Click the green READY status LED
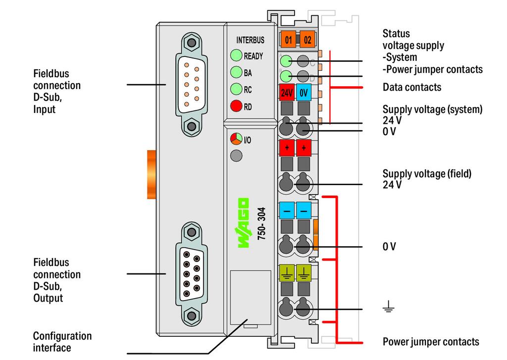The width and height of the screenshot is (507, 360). [236, 55]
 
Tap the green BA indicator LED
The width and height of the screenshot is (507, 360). [236, 72]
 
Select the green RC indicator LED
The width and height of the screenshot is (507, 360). [236, 89]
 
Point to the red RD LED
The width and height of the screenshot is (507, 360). [236, 106]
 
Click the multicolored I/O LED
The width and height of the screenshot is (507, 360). [236, 139]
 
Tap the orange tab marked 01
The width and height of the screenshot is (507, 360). [289, 40]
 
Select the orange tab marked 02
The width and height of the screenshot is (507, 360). [307, 40]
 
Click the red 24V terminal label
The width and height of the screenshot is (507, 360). [287, 93]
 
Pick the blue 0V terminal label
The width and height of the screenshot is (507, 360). [304, 93]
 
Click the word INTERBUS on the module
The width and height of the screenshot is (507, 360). [250, 40]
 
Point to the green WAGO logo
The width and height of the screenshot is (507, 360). [244, 223]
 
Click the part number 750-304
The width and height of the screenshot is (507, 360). [261, 223]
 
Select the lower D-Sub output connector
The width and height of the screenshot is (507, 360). [192, 274]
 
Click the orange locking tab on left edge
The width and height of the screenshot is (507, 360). [152, 174]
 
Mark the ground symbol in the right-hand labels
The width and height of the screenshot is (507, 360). [388, 306]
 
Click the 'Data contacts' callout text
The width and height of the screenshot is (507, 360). [412, 87]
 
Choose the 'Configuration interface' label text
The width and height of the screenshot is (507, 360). [62, 342]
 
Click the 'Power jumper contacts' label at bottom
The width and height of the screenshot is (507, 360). [431, 342]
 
